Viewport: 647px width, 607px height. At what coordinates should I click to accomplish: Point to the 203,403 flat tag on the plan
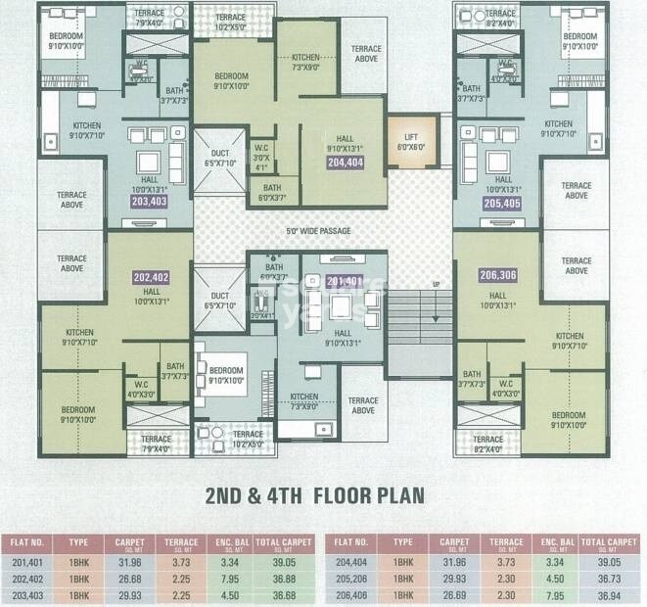(148, 201)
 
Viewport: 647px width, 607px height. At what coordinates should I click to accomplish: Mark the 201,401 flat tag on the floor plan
(346, 281)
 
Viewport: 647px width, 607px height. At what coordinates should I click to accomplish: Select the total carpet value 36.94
(608, 593)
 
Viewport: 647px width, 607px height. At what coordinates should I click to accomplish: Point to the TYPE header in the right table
(403, 541)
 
